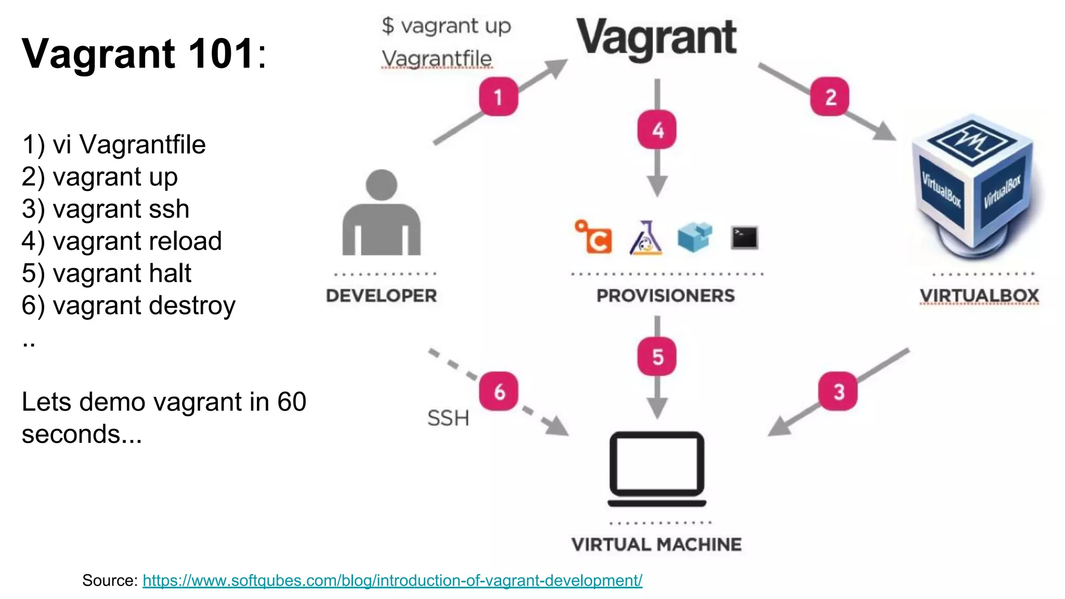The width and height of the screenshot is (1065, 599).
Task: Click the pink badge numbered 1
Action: (x=498, y=97)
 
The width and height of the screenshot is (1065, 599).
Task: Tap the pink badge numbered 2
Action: (x=830, y=97)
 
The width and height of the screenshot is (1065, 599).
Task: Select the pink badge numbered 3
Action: (x=838, y=391)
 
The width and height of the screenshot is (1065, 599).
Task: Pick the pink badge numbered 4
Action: (x=657, y=129)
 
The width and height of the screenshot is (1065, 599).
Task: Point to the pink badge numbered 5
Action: (x=657, y=357)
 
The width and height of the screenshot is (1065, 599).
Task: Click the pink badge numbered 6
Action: (x=499, y=391)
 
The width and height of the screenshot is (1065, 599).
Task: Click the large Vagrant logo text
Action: (x=656, y=37)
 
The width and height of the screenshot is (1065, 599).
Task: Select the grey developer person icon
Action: (x=382, y=213)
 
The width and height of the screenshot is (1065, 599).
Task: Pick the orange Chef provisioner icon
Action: (x=594, y=237)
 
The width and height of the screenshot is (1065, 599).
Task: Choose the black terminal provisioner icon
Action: (x=744, y=238)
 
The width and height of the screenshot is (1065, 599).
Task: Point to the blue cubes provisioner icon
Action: (x=695, y=237)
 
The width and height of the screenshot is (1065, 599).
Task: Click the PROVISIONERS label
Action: (x=666, y=295)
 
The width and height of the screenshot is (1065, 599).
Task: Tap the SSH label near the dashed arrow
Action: (x=448, y=418)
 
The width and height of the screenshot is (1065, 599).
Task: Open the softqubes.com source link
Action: (x=392, y=580)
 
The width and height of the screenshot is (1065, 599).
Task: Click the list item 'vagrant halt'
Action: (x=107, y=273)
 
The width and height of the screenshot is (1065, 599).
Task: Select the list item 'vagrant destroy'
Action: (x=128, y=305)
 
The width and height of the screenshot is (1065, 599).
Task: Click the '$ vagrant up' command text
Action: (x=446, y=26)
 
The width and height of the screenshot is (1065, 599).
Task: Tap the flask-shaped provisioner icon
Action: (x=645, y=238)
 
